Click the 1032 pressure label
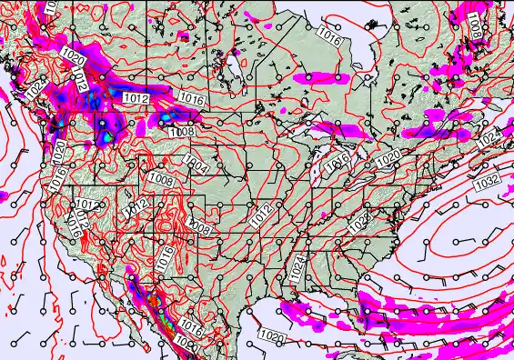pos(487,181)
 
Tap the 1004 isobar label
pos(194,164)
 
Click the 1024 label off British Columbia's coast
pos(34,89)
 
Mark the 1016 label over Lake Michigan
pos(337,161)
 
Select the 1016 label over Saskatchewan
pos(191,98)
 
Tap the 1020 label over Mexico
pos(188,344)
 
